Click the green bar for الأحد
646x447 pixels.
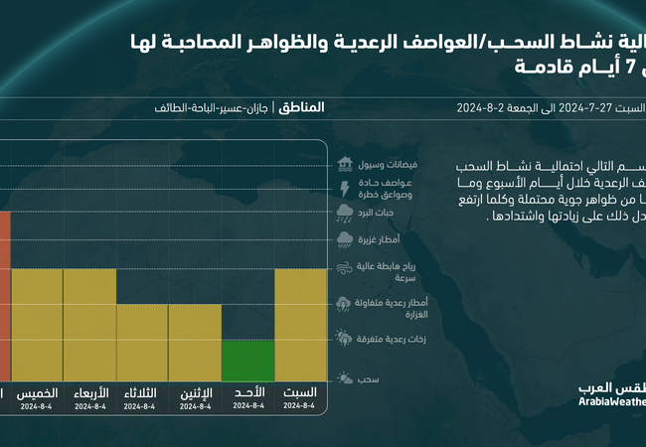pyautogui.click(x=247, y=361)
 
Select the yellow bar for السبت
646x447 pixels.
pyautogui.click(x=300, y=325)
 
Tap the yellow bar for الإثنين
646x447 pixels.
pyautogui.click(x=195, y=343)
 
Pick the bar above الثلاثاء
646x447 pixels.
pyautogui.click(x=142, y=343)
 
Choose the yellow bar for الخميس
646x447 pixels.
pyautogui.click(x=38, y=325)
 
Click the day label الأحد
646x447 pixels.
pyautogui.click(x=247, y=393)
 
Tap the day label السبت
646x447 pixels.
pyautogui.click(x=300, y=393)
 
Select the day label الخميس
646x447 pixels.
pyautogui.click(x=38, y=393)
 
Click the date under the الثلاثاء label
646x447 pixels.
pyautogui.click(x=142, y=406)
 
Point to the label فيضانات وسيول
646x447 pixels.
pyautogui.click(x=389, y=164)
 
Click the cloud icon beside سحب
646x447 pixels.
pyautogui.click(x=345, y=377)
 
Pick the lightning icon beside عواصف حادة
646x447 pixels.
pyautogui.click(x=345, y=188)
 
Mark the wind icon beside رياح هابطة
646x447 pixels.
pyautogui.click(x=345, y=267)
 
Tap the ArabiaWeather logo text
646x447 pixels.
pyautogui.click(x=612, y=401)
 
